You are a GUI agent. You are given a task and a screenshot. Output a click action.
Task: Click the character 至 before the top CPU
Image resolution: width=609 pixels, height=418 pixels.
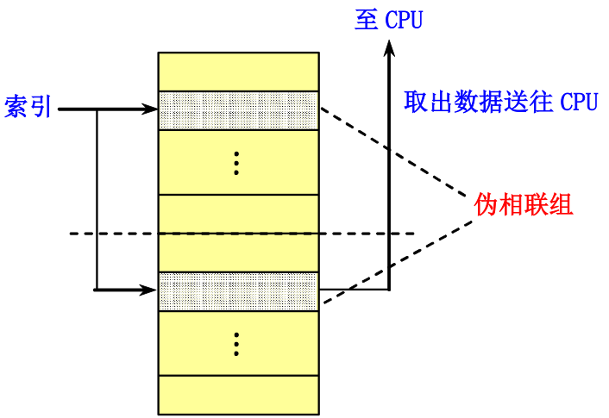click(x=366, y=20)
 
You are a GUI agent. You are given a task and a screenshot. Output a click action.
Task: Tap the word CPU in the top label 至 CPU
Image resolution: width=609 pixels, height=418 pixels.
click(x=404, y=21)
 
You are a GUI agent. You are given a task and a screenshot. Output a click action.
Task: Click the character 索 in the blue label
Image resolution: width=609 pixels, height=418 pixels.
click(x=16, y=108)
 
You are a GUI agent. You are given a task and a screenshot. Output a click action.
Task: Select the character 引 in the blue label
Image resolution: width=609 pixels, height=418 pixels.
click(x=41, y=108)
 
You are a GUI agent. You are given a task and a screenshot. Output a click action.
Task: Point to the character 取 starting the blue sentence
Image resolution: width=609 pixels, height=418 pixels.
click(x=416, y=103)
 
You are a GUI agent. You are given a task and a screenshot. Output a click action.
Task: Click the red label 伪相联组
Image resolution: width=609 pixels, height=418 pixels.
click(x=524, y=205)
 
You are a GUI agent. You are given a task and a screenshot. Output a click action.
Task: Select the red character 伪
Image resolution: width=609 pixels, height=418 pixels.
click(x=486, y=205)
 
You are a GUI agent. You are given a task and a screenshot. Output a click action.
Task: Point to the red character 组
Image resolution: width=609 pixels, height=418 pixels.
click(x=562, y=205)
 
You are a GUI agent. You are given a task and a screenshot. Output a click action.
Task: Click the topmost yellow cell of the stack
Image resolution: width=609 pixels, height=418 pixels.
click(x=238, y=72)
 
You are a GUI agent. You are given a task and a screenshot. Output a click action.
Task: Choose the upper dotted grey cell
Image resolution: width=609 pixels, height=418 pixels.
click(x=238, y=110)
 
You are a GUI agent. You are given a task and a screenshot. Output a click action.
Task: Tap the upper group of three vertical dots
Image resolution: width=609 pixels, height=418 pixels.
click(x=236, y=163)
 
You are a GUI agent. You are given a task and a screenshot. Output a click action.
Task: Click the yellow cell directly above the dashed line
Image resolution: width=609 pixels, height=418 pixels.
click(x=238, y=214)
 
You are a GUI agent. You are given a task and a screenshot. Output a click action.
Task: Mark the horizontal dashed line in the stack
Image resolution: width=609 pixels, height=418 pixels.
click(x=238, y=234)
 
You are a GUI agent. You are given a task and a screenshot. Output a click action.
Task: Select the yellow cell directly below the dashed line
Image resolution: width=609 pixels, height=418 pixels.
click(x=238, y=253)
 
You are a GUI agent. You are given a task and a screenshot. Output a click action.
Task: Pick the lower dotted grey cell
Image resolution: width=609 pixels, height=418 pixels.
click(x=238, y=291)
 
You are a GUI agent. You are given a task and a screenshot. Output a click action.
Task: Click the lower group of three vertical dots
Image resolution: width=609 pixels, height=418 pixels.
click(x=236, y=344)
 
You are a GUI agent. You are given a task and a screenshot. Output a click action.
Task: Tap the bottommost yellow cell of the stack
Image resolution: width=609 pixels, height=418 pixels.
click(x=238, y=395)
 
